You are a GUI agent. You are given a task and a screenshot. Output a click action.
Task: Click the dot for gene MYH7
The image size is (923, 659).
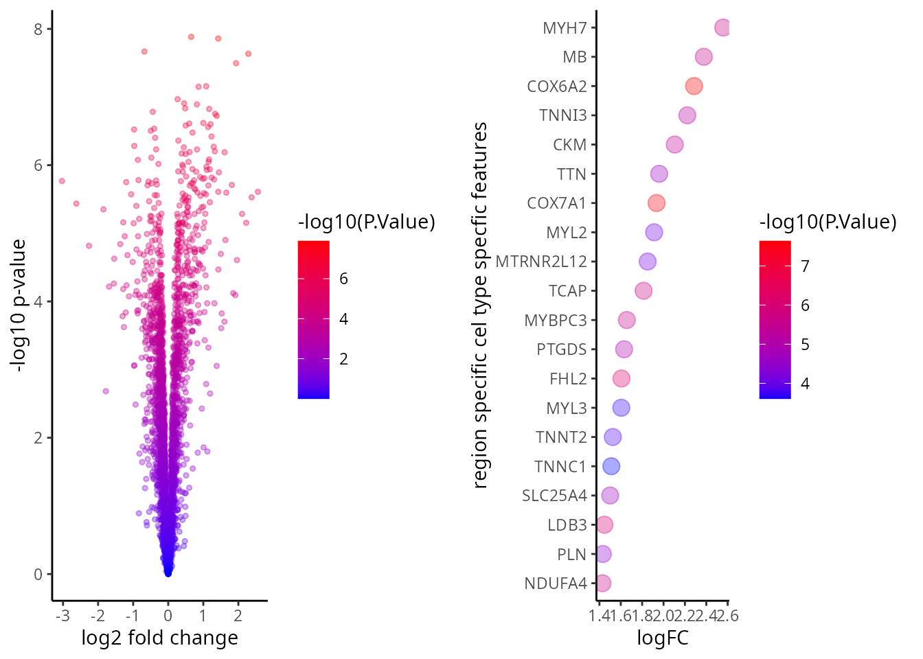point(722,27)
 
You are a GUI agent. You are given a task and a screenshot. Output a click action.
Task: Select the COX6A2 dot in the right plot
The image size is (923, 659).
point(694,86)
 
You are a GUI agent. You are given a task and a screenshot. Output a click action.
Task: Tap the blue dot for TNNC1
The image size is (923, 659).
point(611,466)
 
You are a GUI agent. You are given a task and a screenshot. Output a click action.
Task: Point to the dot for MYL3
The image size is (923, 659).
point(621,408)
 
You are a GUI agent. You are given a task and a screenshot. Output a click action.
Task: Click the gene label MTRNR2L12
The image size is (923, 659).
point(541,262)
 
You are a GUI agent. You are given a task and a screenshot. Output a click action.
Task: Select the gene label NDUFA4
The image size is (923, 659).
point(556,583)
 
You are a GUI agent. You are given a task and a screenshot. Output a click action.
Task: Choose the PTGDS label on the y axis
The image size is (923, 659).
point(562,349)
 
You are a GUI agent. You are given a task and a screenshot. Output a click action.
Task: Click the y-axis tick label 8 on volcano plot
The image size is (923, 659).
point(38,29)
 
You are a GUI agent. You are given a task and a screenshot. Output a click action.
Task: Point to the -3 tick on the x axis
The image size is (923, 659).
point(62,616)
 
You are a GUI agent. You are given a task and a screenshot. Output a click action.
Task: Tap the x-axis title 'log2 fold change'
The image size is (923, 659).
point(159,638)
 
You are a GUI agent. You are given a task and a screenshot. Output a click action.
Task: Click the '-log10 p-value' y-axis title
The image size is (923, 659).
point(19,305)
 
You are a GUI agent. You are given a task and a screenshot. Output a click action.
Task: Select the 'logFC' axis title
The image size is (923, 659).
point(662,638)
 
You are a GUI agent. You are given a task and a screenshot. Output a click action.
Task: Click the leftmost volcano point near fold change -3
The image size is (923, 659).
point(62,181)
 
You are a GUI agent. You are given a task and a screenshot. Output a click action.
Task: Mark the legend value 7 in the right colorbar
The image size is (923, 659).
point(806,266)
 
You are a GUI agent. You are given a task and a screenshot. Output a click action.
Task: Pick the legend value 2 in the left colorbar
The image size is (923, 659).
point(343,359)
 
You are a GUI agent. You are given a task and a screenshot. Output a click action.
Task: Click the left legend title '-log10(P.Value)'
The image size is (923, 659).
point(366,222)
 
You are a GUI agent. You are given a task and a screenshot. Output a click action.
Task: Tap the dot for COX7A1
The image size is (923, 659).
point(657,203)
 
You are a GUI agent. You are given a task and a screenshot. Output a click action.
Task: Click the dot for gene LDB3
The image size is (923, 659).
point(604,524)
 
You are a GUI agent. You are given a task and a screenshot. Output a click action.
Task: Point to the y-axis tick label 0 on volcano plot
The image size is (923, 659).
point(38,575)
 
